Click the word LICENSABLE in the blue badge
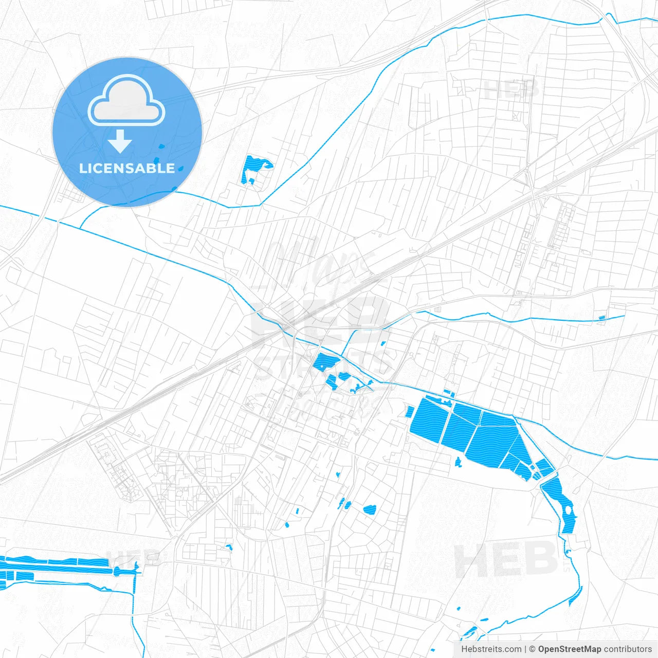(127, 168)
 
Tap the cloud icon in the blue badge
(126, 101)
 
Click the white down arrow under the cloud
(120, 141)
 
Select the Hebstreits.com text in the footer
(491, 649)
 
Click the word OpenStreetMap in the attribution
(569, 649)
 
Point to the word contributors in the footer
(628, 649)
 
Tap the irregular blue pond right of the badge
(254, 168)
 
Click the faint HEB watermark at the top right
(511, 89)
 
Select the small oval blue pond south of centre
(370, 509)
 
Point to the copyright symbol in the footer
(533, 649)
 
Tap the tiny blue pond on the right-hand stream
(602, 318)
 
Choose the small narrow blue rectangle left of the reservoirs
(410, 411)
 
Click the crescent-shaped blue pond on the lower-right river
(575, 596)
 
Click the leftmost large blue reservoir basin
(430, 419)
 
